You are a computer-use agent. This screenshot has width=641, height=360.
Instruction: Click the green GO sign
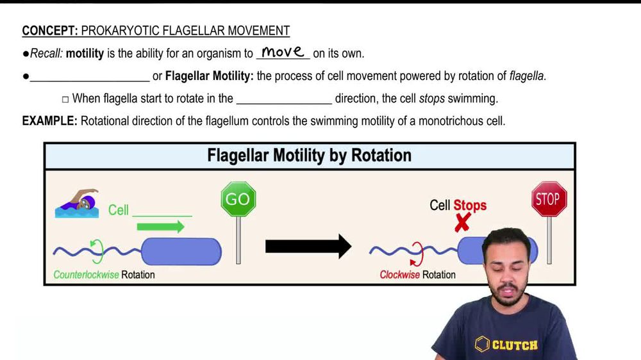click(x=238, y=199)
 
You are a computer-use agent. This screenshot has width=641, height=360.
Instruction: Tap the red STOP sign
click(x=549, y=199)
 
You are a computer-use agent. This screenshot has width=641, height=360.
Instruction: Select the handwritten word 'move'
click(x=283, y=53)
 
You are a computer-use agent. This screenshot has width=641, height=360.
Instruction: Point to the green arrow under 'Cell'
click(x=160, y=226)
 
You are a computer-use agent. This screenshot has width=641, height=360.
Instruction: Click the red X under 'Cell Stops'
click(x=462, y=222)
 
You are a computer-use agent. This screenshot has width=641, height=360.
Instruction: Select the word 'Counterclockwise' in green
click(x=86, y=275)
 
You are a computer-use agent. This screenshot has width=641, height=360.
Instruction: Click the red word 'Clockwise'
click(x=399, y=275)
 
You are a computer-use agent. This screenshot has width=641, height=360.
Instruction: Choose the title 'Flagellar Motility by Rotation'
click(x=309, y=156)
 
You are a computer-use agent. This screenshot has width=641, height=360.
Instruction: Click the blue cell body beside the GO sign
click(x=181, y=252)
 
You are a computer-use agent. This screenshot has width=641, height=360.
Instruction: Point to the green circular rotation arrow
click(x=98, y=251)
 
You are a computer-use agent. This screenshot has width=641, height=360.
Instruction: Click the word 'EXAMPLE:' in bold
click(x=49, y=120)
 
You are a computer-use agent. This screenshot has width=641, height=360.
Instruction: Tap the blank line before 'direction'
click(x=284, y=100)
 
